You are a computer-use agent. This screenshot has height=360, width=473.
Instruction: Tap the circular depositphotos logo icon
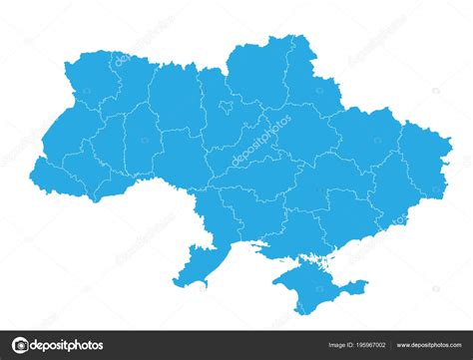pyautogui.click(x=21, y=346)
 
